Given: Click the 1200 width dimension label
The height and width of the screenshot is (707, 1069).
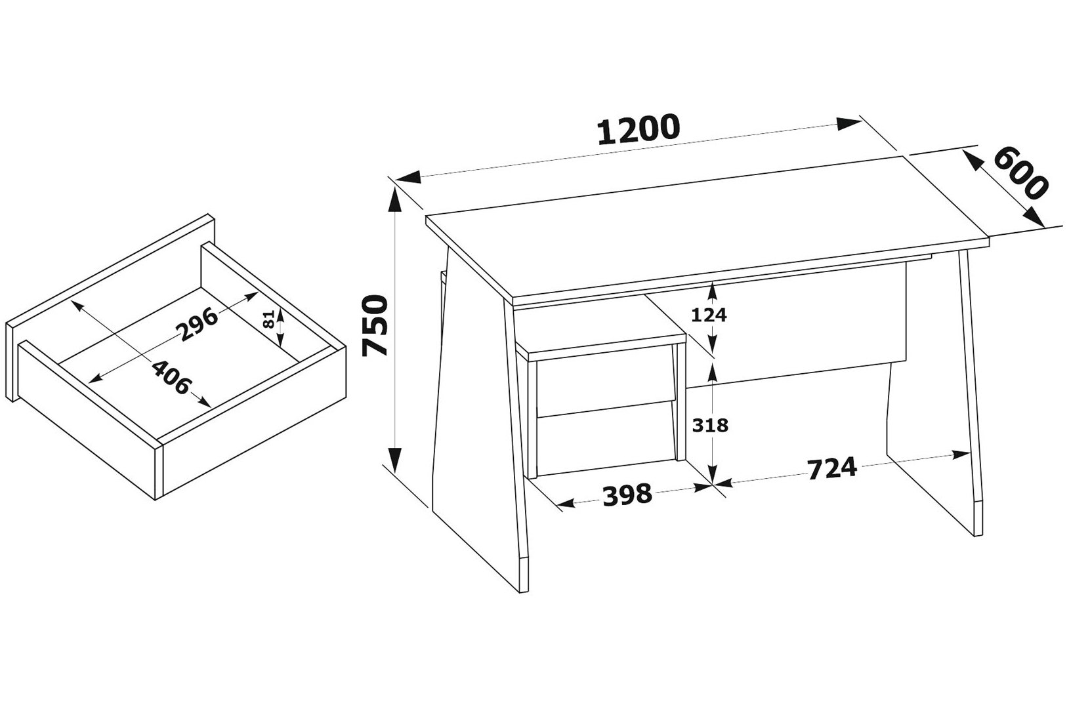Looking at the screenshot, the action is point(638,129).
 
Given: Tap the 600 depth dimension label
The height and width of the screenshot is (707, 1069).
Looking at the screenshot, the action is point(1021,173).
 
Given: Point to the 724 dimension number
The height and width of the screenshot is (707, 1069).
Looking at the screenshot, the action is point(832,468).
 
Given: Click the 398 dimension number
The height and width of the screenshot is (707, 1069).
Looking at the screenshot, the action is point(627,495).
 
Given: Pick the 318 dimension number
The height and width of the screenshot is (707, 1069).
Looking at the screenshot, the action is point(710,424).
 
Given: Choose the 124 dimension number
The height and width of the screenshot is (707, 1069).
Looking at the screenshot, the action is point(709,314).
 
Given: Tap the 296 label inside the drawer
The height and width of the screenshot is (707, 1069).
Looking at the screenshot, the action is point(197,325).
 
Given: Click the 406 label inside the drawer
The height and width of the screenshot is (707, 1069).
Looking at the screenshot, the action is point(171,377).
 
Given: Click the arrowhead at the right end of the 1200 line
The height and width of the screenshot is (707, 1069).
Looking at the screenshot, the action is point(849,124).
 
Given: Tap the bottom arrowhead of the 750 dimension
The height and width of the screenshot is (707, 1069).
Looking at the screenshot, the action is point(394,460).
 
